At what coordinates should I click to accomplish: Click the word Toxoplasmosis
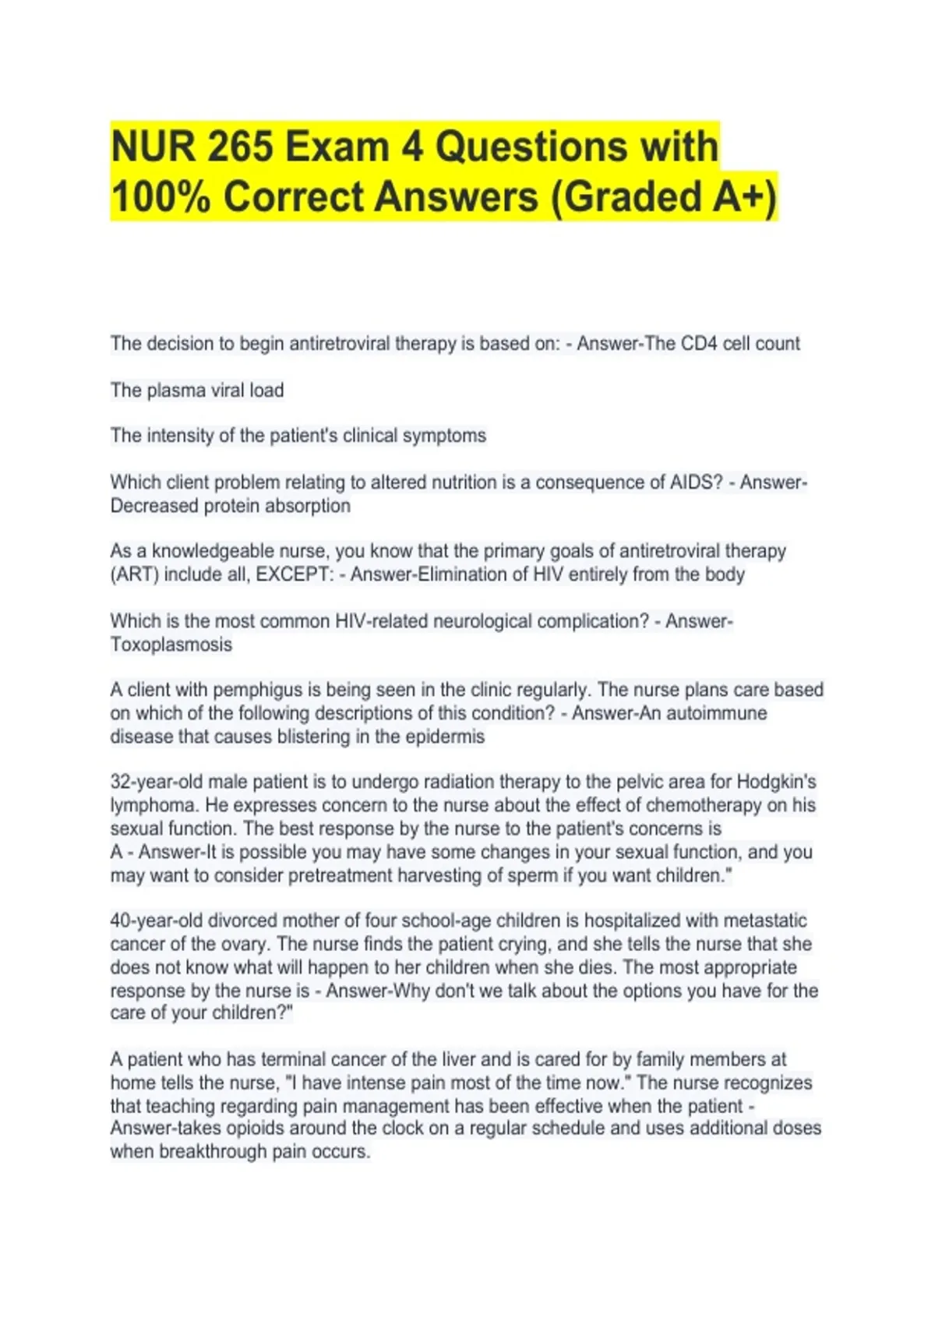pyautogui.click(x=171, y=645)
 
